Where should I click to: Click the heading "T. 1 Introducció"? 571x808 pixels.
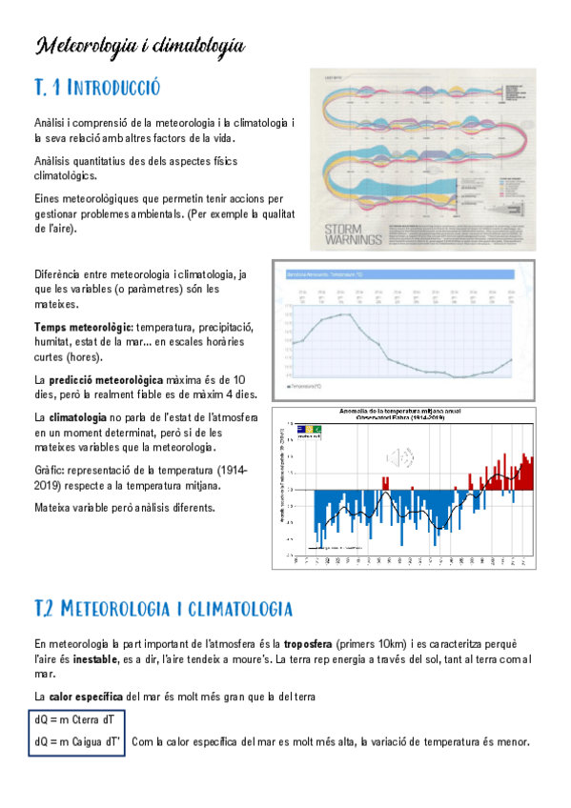coord(96,89)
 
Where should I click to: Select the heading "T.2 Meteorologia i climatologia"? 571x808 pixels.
coord(162,607)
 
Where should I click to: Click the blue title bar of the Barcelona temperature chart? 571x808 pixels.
coord(400,274)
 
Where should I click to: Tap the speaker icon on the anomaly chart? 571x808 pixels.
coord(403,458)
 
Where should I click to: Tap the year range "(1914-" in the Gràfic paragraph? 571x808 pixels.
coord(233,471)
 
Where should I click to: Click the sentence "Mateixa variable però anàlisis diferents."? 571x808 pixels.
coord(125,507)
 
